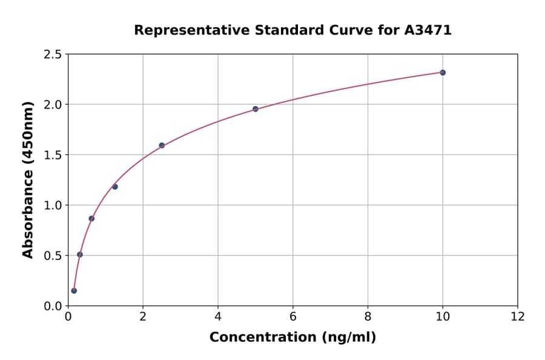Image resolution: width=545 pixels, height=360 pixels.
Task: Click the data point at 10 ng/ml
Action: pyautogui.click(x=443, y=73)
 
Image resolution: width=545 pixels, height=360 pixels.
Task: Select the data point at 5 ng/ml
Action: pyautogui.click(x=256, y=109)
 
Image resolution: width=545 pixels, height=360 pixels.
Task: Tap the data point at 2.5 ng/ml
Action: pyautogui.click(x=162, y=145)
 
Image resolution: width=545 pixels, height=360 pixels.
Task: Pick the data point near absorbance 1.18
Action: pyautogui.click(x=115, y=187)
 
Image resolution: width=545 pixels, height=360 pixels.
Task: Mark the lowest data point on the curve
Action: pyautogui.click(x=74, y=291)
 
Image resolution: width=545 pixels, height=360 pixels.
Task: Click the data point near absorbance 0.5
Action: pyautogui.click(x=80, y=255)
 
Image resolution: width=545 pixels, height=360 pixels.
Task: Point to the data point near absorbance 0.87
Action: pyautogui.click(x=91, y=219)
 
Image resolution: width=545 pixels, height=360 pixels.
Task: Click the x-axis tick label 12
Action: pyautogui.click(x=518, y=316)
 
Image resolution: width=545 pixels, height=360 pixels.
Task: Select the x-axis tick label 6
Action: pyautogui.click(x=293, y=316)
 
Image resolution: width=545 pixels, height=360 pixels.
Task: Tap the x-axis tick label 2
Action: pyautogui.click(x=143, y=316)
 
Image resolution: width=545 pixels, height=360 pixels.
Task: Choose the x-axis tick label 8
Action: pyautogui.click(x=368, y=316)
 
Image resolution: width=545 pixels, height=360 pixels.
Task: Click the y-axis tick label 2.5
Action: pyautogui.click(x=53, y=55)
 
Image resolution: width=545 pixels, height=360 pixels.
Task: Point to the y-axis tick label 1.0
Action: pyautogui.click(x=53, y=205)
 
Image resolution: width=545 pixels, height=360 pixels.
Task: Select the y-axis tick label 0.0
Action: pyautogui.click(x=53, y=306)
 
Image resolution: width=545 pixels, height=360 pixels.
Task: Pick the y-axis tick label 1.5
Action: pyautogui.click(x=53, y=155)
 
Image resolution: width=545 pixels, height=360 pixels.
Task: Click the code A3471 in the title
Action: pyautogui.click(x=428, y=30)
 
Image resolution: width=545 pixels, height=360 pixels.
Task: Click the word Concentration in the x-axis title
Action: pyautogui.click(x=260, y=338)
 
